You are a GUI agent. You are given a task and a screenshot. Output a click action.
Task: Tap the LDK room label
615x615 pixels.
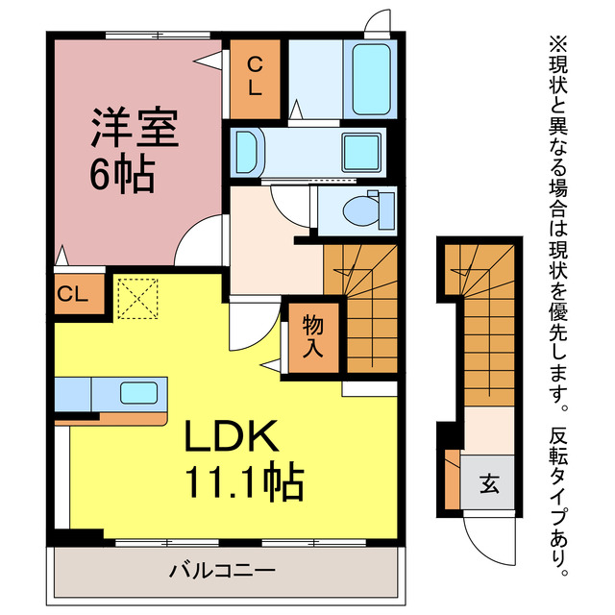pos(232,437)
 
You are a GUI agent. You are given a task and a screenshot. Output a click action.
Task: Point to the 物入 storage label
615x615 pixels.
pos(313,336)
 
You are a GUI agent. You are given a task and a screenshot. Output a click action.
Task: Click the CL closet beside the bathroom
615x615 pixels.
pos(255,76)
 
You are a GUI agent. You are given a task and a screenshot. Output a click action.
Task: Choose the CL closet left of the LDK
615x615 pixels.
pos(72,294)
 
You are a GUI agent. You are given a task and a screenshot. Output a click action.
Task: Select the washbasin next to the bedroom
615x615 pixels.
pos(246,152)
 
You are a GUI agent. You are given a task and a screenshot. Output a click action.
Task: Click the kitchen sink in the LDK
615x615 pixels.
pos(138,392)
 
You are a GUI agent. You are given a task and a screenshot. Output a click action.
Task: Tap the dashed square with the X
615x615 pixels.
pos(136,299)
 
